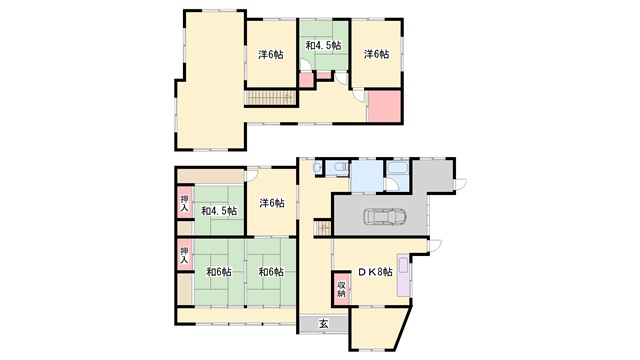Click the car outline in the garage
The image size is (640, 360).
385,217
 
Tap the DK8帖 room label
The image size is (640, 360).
376,272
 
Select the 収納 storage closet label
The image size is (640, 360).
341,289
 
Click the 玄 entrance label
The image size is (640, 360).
323,324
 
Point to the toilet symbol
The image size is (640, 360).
340,167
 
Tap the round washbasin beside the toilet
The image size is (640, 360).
317,167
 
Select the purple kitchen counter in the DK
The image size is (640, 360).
403,276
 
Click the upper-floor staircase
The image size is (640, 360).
272,98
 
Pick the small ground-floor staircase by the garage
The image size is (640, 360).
323,227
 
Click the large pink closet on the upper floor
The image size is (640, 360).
384,106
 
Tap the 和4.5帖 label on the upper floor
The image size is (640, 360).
324,45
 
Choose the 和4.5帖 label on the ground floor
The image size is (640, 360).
219,211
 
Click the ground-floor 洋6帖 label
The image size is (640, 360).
272,203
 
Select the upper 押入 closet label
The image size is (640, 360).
185,203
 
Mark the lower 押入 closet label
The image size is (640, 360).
185,255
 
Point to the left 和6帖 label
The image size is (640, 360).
219,271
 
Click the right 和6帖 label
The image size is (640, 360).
271,271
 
